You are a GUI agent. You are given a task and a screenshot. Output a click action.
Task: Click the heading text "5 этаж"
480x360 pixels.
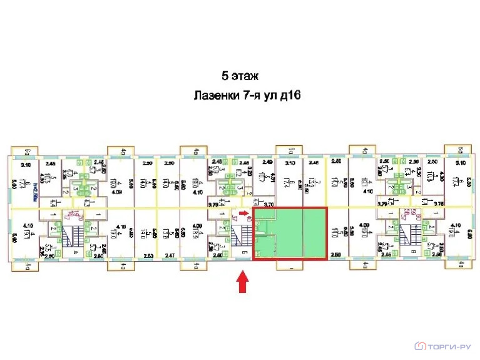pos(240,76)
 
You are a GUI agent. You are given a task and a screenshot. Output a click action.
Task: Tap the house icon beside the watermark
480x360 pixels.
pos(421,345)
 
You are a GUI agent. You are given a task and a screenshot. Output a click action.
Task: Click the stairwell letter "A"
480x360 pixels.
pos(76,251)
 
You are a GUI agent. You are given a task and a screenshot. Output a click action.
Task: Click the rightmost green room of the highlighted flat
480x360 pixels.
pos(315,233)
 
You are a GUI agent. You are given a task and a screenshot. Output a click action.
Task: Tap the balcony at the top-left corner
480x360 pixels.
pos(27,151)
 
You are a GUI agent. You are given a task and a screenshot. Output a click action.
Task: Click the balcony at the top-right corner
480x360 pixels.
pos(460,151)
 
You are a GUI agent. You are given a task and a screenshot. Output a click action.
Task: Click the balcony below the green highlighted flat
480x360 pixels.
pos(292,264)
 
